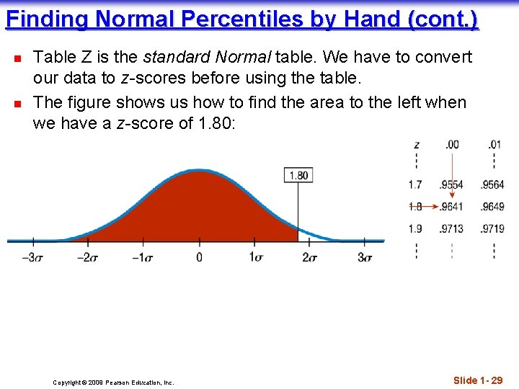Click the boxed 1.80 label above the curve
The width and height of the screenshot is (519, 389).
[298, 175]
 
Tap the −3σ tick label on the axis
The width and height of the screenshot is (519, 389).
[31, 257]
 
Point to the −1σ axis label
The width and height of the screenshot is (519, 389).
[143, 257]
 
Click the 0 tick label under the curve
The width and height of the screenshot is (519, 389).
[200, 257]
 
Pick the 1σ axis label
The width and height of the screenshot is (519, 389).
[256, 257]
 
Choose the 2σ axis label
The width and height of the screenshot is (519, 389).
[311, 257]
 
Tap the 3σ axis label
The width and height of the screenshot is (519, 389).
[365, 257]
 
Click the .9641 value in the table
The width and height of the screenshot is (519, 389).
[451, 207]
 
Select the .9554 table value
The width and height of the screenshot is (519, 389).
[451, 185]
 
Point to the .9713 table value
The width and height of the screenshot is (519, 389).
[451, 229]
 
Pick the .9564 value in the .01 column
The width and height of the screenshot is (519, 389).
[493, 185]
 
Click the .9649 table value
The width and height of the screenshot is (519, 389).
[493, 207]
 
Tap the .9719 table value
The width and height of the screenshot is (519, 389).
[493, 229]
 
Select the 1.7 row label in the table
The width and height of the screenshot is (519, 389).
[415, 185]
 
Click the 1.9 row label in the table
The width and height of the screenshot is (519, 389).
[415, 229]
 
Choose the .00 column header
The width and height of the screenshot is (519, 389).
[451, 145]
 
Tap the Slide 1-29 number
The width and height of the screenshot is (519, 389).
[478, 380]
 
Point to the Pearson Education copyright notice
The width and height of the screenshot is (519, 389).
[113, 383]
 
